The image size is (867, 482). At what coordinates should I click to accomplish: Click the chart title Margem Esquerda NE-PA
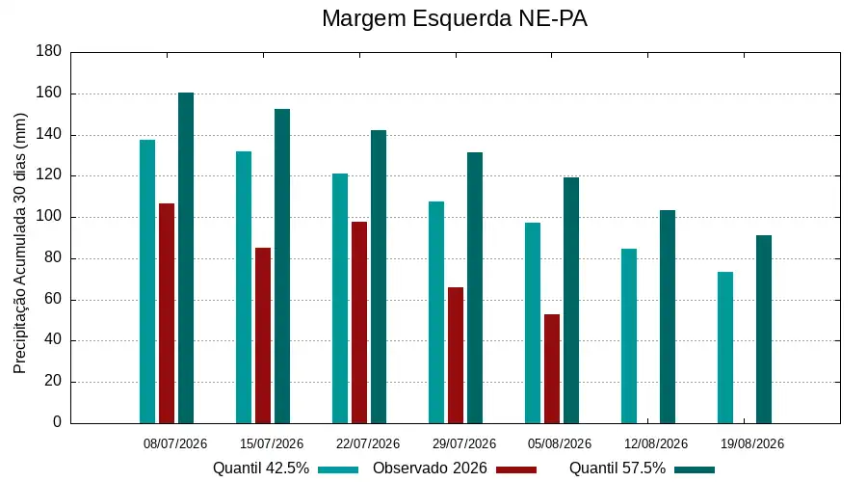pyautogui.click(x=454, y=19)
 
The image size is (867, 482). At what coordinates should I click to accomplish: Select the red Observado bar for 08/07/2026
pyautogui.click(x=167, y=313)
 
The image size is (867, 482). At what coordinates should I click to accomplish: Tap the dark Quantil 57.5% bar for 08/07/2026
pyautogui.click(x=186, y=258)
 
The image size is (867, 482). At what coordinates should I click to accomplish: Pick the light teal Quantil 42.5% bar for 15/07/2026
pyautogui.click(x=244, y=287)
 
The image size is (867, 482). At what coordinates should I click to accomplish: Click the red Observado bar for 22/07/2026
pyautogui.click(x=359, y=323)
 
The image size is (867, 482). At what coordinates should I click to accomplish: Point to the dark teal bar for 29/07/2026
pyautogui.click(x=474, y=288)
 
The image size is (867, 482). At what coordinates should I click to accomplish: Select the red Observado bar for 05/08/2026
pyautogui.click(x=552, y=368)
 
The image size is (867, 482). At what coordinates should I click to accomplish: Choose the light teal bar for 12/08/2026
pyautogui.click(x=629, y=335)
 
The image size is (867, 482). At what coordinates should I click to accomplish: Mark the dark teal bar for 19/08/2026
pyautogui.click(x=764, y=330)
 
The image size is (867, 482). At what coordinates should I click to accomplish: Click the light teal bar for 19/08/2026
pyautogui.click(x=725, y=348)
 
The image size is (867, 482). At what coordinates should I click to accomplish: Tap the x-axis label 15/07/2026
pyautogui.click(x=272, y=443)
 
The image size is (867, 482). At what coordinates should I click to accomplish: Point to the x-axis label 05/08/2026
pyautogui.click(x=560, y=443)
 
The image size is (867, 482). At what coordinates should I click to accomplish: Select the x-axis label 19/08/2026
pyautogui.click(x=752, y=443)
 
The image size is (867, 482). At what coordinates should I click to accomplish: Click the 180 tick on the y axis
pyautogui.click(x=49, y=51)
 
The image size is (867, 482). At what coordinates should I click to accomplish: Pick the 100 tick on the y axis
pyautogui.click(x=49, y=216)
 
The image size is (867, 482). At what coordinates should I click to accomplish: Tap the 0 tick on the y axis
pyautogui.click(x=57, y=422)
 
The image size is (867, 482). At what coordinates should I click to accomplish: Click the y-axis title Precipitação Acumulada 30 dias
pyautogui.click(x=20, y=244)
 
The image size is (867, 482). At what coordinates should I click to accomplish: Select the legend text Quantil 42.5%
pyautogui.click(x=261, y=469)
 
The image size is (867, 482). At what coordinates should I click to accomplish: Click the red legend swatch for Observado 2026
pyautogui.click(x=516, y=469)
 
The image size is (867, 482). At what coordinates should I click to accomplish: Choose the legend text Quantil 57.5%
pyautogui.click(x=617, y=469)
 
